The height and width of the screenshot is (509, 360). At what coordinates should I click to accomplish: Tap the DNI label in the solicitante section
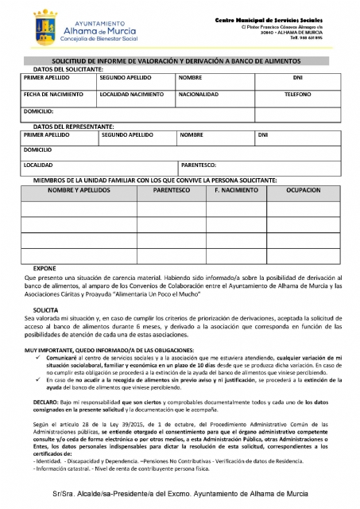click(297, 78)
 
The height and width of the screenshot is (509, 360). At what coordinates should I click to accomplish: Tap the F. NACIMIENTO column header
click(237, 192)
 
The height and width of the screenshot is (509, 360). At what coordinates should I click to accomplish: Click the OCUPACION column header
click(303, 192)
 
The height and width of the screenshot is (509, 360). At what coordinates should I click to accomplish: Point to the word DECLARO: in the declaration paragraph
click(36, 404)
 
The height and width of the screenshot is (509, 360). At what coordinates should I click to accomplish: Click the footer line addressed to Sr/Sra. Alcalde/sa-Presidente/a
click(181, 495)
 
